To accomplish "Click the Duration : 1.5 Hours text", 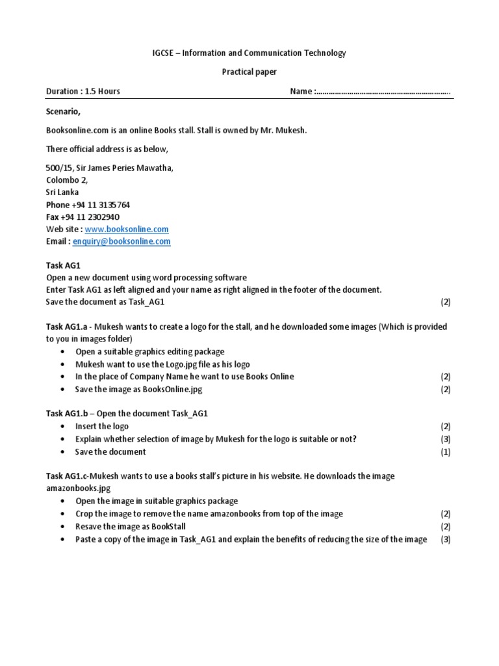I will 83,91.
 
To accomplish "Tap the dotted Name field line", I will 383,92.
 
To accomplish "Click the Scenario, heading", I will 63,111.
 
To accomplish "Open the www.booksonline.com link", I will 127,229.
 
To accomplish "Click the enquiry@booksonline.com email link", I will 122,241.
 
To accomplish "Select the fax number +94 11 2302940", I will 92,217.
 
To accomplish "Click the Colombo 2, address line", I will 67,180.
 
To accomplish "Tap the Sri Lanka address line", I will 62,192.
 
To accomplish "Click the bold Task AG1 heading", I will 63,265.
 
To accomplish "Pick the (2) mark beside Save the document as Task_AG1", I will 445,302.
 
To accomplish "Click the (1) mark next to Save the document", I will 445,451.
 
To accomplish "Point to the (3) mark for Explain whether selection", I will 445,439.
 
